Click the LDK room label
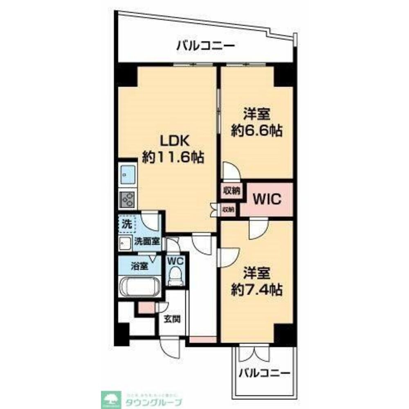[173, 141]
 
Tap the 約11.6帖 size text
[173, 158]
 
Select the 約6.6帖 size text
[257, 131]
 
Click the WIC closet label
[267, 199]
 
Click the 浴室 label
[139, 267]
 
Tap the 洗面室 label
[147, 241]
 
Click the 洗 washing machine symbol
[127, 224]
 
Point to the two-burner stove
[128, 200]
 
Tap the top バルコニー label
[206, 45]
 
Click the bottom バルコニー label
[264, 373]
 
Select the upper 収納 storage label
[231, 191]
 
